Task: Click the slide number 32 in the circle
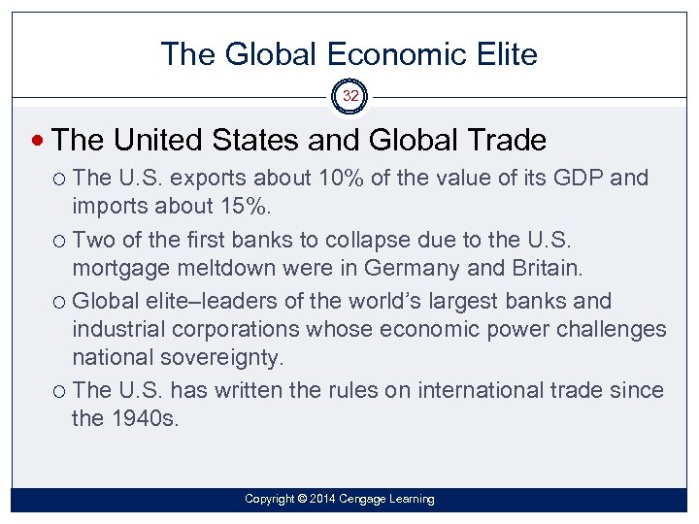pos(349,96)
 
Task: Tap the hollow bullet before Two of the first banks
pos(60,239)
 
